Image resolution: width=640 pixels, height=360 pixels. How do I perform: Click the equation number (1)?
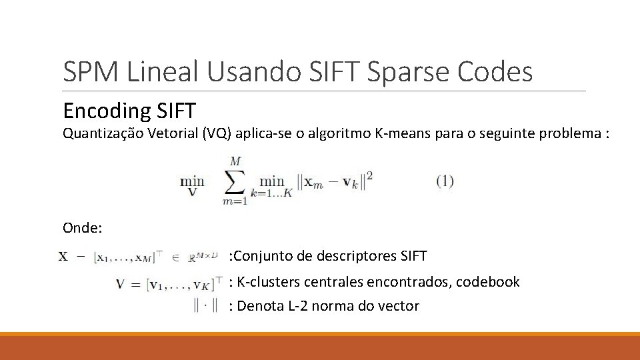pos(445,181)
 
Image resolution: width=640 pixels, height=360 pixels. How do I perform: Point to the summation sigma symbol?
pos(235,181)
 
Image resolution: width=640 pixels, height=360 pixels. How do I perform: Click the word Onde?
pos(82,228)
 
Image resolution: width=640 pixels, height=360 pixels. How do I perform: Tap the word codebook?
pos(488,282)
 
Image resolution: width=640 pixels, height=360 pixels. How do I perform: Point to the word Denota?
pos(259,306)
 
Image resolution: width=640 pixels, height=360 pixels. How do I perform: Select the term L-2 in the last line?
pos(299,306)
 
